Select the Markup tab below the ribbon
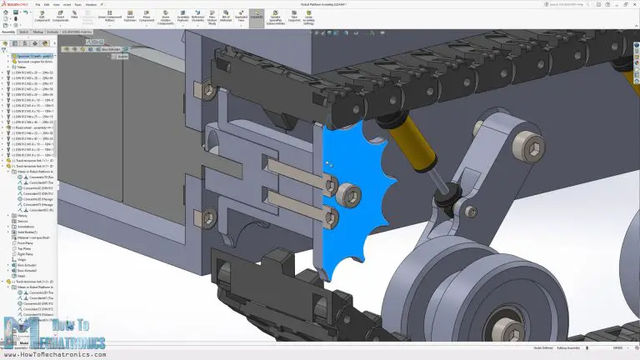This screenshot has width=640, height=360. pyautogui.click(x=38, y=32)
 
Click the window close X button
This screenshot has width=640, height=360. pyautogui.click(x=634, y=3)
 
